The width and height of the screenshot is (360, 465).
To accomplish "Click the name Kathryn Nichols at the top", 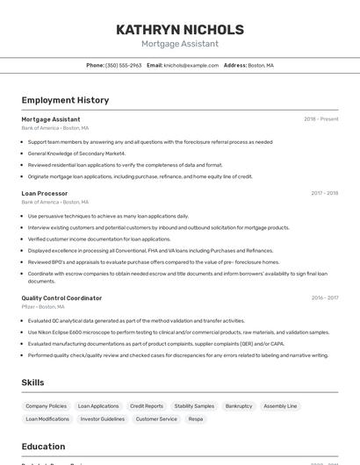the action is (x=180, y=30).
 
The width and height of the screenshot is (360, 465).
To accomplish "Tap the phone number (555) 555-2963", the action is (x=123, y=65).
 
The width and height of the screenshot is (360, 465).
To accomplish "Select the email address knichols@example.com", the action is (x=191, y=65).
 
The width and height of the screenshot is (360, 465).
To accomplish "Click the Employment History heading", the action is (x=65, y=100).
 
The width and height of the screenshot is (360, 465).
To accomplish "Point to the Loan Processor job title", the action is (x=45, y=193).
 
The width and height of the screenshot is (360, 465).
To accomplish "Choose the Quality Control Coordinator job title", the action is (x=61, y=298).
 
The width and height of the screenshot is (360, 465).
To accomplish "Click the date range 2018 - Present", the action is (x=320, y=119).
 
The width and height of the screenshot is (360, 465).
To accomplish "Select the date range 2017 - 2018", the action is (x=324, y=193).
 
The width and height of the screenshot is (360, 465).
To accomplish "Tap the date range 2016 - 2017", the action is (x=324, y=298).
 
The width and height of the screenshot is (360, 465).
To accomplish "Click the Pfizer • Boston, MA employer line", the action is (x=43, y=307).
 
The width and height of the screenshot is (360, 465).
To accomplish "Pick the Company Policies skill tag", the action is (x=46, y=406).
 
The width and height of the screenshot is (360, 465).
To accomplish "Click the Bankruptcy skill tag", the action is (x=238, y=406).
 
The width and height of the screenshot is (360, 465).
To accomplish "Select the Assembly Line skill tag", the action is (x=280, y=406).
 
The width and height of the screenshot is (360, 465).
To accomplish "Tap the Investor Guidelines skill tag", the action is (x=103, y=418).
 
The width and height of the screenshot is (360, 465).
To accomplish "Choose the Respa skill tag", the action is (x=195, y=418).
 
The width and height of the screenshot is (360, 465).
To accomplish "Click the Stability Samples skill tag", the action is (x=194, y=406).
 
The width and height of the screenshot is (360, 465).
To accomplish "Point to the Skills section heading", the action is (x=33, y=383).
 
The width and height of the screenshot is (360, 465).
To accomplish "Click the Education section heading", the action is (x=43, y=447).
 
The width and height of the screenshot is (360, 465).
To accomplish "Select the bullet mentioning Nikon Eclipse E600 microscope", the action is (x=178, y=333).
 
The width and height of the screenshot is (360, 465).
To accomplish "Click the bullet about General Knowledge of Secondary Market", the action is (x=76, y=154).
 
